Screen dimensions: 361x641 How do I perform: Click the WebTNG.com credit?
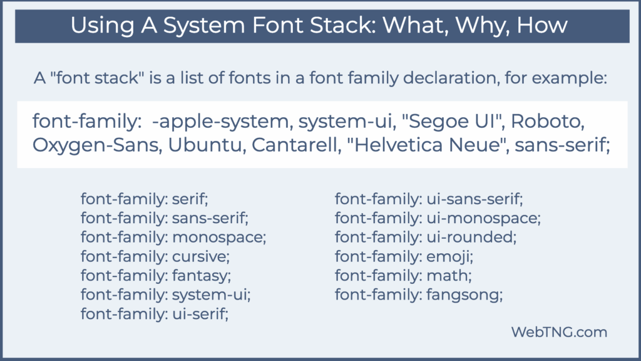coord(560,332)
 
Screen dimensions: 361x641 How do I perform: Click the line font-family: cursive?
coord(156,256)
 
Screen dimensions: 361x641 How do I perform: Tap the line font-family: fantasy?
coord(156,275)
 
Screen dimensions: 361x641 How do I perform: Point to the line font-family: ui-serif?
coord(155,313)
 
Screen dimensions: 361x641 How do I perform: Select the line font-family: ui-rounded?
coord(426,238)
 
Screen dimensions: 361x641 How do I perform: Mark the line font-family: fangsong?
coord(419,294)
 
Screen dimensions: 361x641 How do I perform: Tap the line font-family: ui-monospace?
coord(438,219)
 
